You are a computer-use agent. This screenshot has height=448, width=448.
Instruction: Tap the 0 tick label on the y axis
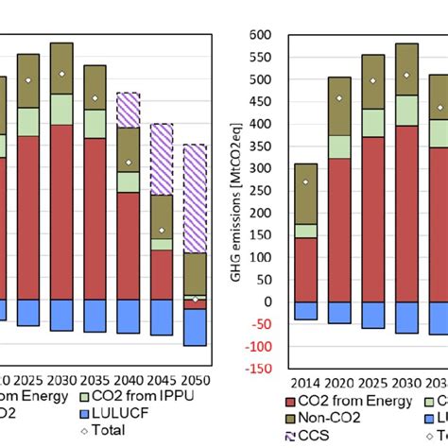267,302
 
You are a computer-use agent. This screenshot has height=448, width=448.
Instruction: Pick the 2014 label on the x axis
305,384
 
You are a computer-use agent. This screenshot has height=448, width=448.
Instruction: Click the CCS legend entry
310,436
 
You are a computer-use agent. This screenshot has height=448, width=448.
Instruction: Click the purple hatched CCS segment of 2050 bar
196,198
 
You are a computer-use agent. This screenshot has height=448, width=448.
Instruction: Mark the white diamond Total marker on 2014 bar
305,181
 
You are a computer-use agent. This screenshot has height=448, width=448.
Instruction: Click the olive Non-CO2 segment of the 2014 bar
305,194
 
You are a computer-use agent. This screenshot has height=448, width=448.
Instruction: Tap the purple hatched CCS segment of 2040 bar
129,110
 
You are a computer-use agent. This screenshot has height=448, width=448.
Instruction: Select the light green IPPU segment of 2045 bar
162,244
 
